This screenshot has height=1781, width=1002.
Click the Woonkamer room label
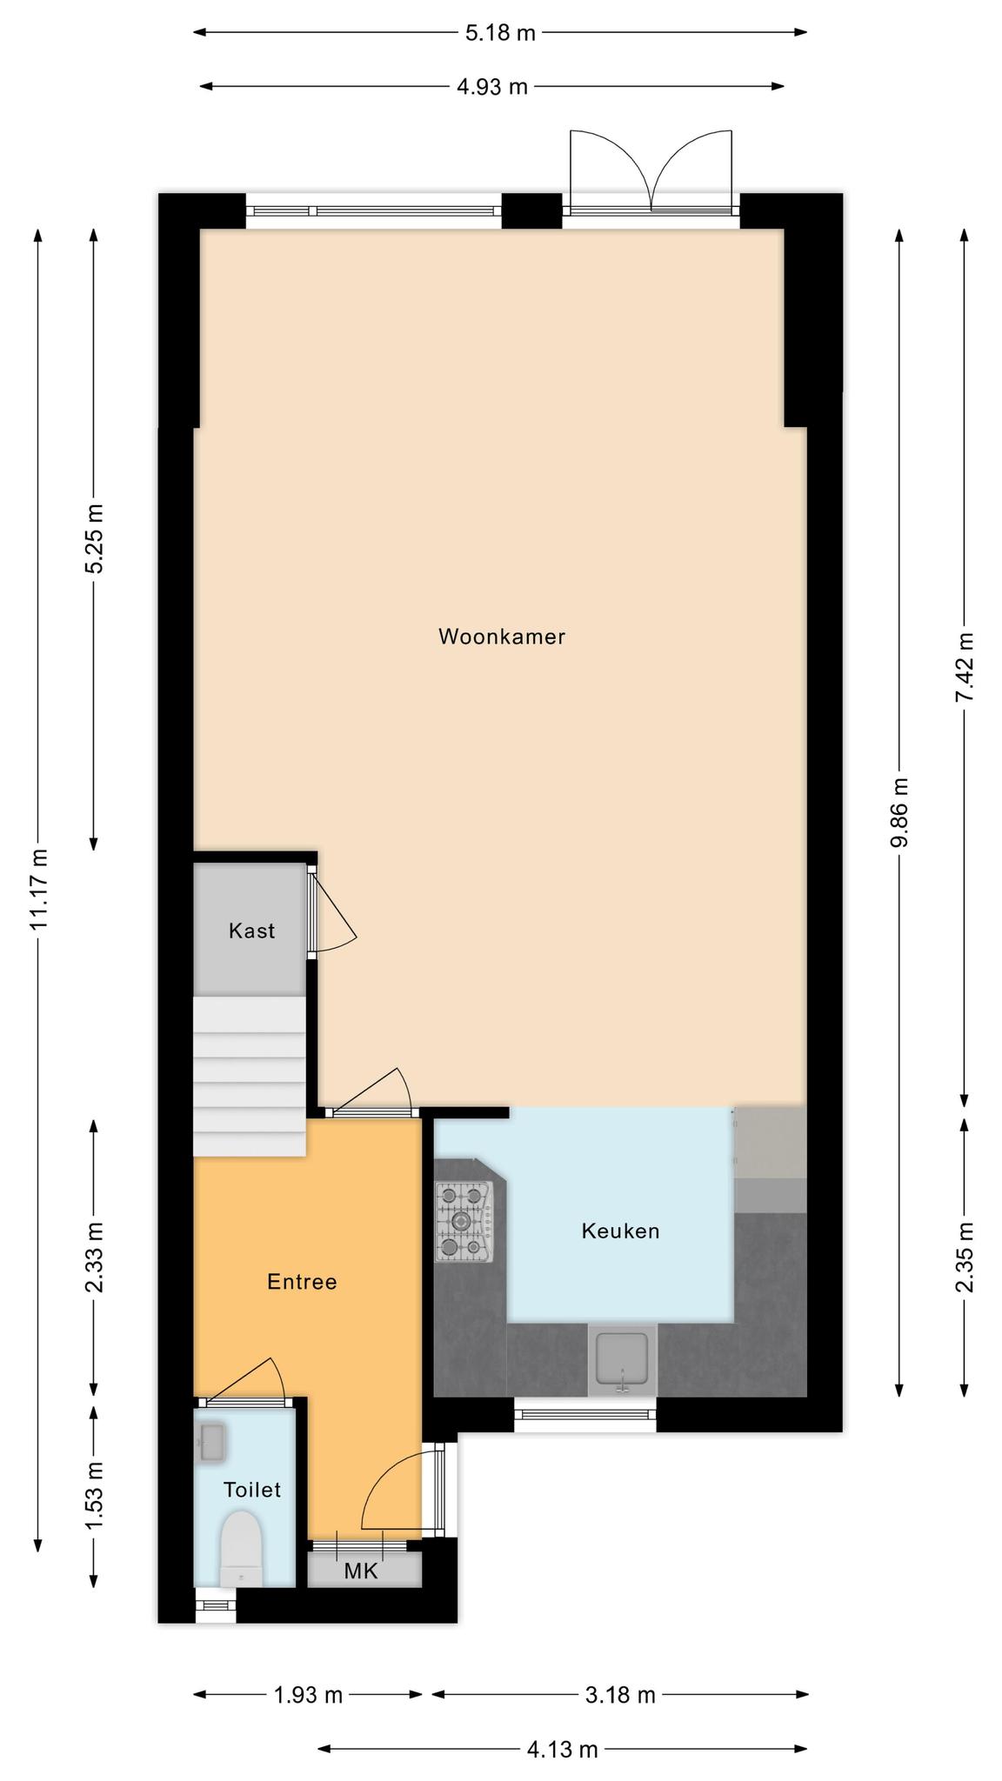click(502, 637)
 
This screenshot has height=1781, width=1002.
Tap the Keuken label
click(620, 1231)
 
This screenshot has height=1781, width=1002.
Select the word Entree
click(302, 1282)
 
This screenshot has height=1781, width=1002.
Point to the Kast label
click(251, 931)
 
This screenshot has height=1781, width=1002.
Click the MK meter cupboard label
click(361, 1571)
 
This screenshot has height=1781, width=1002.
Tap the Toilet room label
click(252, 1490)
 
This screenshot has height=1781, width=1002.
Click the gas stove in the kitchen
click(464, 1221)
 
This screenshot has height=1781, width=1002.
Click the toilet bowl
click(241, 1548)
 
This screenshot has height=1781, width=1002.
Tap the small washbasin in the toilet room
click(212, 1442)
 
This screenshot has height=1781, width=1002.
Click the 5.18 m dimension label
click(500, 33)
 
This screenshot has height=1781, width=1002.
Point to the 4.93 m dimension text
click(492, 87)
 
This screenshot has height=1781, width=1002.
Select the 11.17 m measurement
click(38, 888)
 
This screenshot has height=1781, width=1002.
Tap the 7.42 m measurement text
click(965, 668)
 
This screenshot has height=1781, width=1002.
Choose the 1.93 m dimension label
click(308, 1695)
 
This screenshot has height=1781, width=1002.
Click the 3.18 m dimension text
click(620, 1695)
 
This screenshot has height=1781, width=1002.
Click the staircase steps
click(250, 1077)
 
